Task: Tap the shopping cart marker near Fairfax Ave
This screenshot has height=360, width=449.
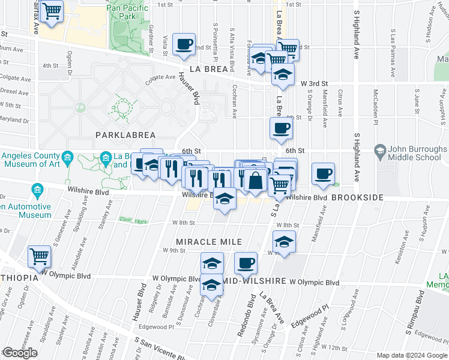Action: (52, 11)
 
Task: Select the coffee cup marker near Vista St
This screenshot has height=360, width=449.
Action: (184, 44)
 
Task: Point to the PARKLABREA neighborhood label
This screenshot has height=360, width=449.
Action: (121, 136)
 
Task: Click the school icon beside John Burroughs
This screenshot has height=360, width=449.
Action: (379, 149)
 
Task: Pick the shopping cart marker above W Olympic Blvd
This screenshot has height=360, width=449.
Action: (39, 257)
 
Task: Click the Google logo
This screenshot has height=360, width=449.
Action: (19, 353)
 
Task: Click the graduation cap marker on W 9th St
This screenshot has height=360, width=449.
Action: (283, 242)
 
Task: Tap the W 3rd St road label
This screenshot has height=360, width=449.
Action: (315, 83)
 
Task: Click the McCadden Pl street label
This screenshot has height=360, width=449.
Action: (376, 103)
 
